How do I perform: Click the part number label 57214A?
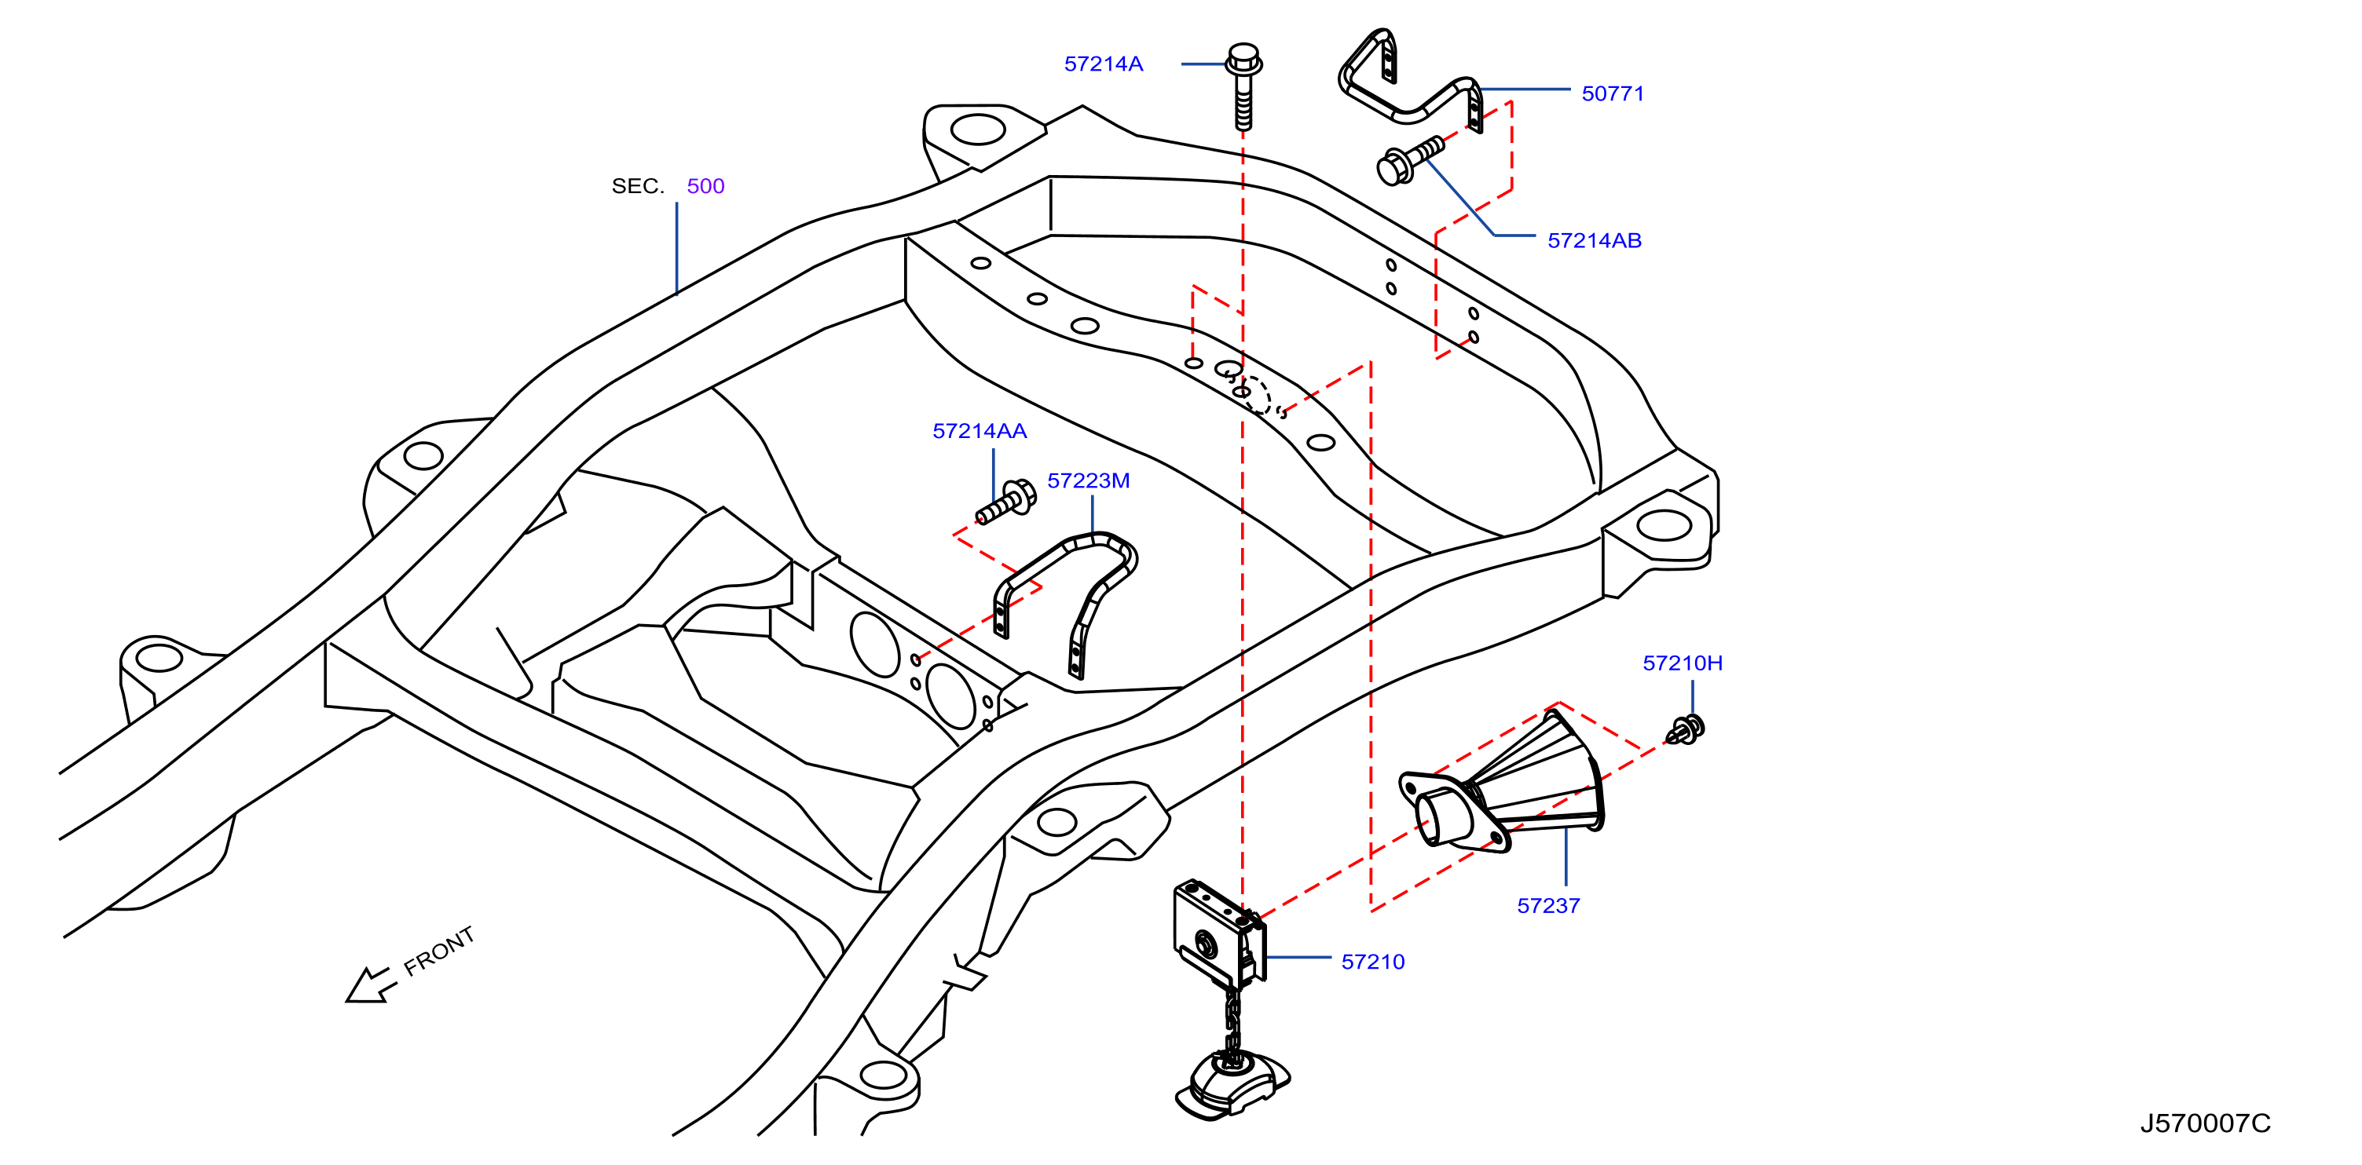coord(1103,64)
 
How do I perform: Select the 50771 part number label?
coord(1613,93)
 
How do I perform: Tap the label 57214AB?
coord(1595,241)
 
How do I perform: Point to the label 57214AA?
coord(980,431)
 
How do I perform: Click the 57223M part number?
coord(1089,480)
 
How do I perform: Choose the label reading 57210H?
coord(1683,663)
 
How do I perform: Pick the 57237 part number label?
coord(1549,906)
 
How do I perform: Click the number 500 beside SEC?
coord(705,186)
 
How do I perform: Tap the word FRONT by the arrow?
coord(440,951)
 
